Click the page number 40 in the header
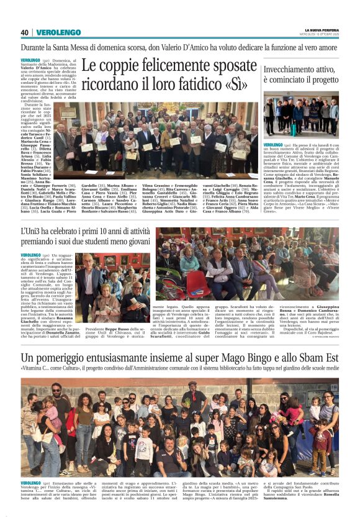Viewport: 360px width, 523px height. point(25,32)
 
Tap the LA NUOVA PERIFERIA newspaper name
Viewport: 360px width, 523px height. point(321,30)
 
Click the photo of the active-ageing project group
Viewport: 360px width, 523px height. point(301,115)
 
